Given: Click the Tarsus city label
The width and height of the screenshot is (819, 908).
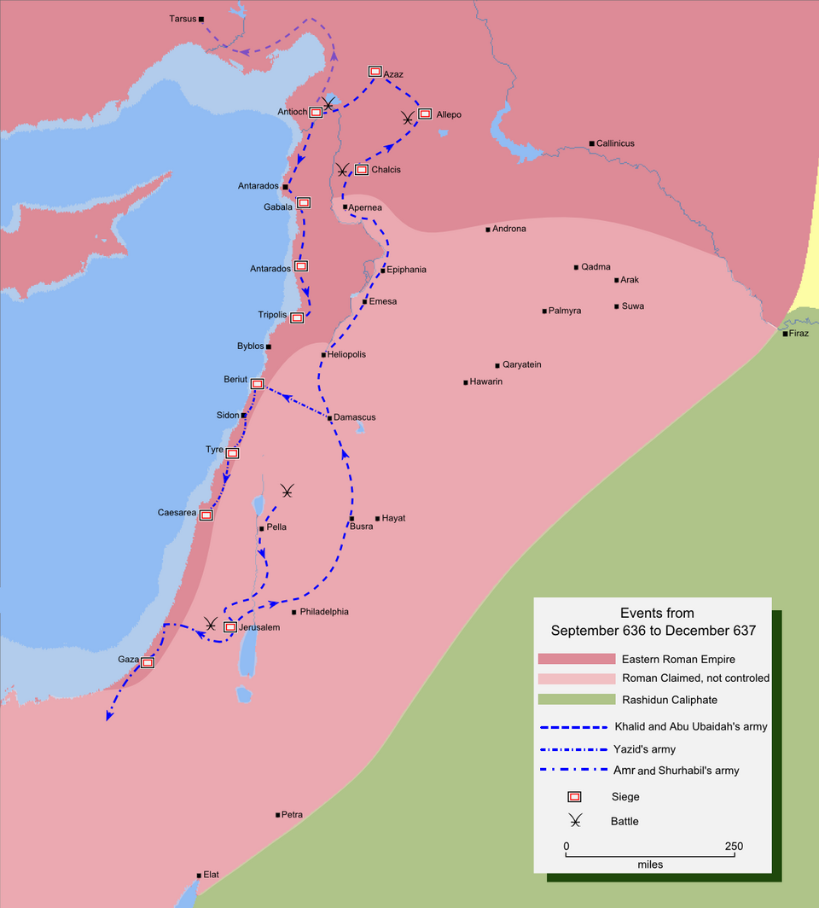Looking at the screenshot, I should [183, 19].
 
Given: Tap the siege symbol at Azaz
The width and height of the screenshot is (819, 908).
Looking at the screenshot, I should [375, 72].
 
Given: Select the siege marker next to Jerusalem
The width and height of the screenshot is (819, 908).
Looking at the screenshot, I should [229, 627].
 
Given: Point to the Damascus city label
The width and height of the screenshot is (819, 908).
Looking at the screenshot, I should [354, 417].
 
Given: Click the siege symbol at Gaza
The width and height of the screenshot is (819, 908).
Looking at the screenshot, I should [147, 661].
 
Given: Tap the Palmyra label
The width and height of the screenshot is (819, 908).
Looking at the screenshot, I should [565, 311].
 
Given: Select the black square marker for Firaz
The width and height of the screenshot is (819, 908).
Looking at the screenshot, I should [786, 334].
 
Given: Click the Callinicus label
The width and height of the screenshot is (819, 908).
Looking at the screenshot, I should [615, 143].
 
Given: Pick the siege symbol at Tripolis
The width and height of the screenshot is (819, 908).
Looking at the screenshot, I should [296, 317].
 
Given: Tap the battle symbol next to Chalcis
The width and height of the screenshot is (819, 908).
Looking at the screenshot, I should [342, 169].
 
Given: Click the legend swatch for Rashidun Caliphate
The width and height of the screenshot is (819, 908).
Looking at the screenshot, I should [576, 700].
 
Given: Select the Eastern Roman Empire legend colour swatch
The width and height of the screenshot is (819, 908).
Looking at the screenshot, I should [576, 659].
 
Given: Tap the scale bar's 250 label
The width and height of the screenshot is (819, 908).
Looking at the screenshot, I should [734, 847].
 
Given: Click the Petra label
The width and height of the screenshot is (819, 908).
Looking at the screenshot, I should [292, 815].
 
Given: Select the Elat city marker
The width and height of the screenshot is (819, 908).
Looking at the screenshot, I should [199, 875].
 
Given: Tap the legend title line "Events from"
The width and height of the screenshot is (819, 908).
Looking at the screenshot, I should [656, 613].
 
